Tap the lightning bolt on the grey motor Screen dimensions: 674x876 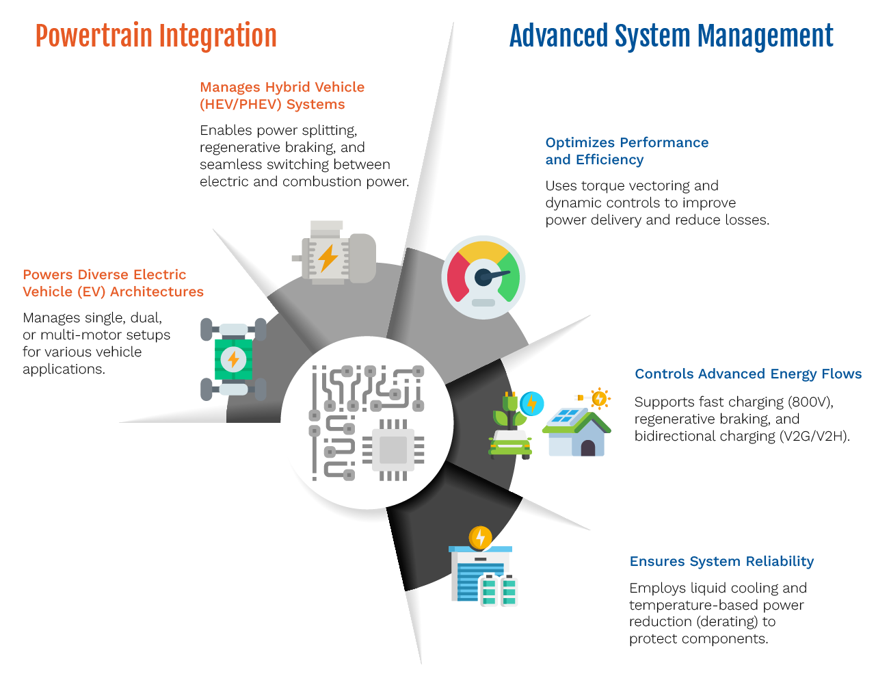328,257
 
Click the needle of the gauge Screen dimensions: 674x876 496,275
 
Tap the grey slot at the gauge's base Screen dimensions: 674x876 483,302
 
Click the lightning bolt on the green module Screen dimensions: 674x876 233,359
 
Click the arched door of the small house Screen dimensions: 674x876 587,448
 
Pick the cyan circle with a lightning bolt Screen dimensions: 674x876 530,404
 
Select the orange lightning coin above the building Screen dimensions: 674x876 480,537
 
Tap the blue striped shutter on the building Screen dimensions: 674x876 470,582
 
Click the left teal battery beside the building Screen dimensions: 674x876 490,591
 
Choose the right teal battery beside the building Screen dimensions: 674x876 509,591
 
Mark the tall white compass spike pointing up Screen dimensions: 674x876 438,137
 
